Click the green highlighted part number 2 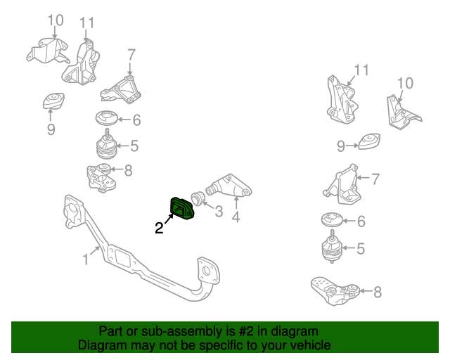[184, 209]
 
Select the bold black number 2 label [160, 227]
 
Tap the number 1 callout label [86, 259]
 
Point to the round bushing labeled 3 [198, 198]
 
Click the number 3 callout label [219, 211]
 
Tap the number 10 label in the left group [56, 20]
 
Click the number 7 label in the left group [131, 55]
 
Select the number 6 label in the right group [361, 221]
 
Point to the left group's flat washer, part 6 [107, 118]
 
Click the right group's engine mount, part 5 [332, 250]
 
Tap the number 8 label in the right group [378, 292]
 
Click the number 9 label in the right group [340, 146]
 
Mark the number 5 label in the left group [134, 146]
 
